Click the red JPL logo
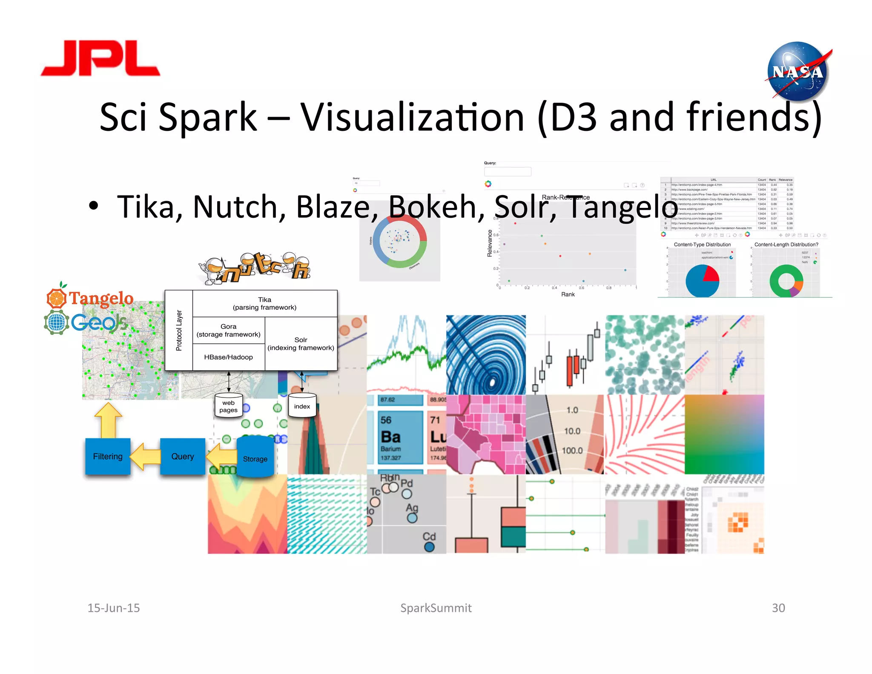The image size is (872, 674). (x=100, y=58)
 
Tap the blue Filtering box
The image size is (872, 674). (x=108, y=456)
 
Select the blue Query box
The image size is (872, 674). (x=183, y=456)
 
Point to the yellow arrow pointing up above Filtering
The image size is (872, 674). (x=108, y=420)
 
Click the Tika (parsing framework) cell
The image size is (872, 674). (x=264, y=303)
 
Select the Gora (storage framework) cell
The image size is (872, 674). (x=229, y=330)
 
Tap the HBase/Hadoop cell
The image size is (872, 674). (x=229, y=357)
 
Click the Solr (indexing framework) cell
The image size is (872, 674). (x=301, y=344)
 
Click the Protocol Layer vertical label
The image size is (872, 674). (x=179, y=330)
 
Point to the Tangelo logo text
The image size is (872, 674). (x=101, y=298)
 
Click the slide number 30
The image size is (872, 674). (x=778, y=608)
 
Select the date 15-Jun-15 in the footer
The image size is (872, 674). (x=114, y=608)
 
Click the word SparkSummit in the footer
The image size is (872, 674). (x=436, y=608)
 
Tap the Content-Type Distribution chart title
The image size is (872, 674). (x=702, y=245)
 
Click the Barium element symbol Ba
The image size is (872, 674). (x=390, y=437)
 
